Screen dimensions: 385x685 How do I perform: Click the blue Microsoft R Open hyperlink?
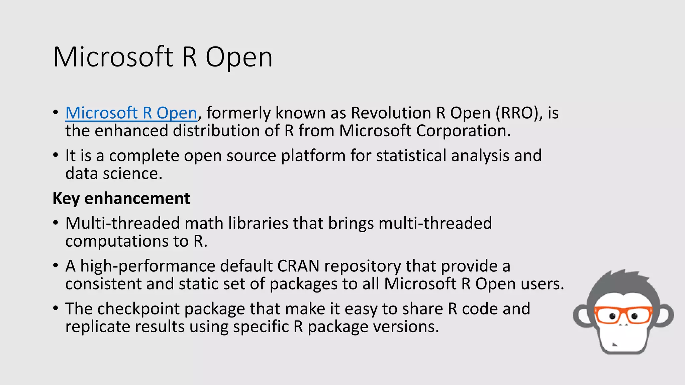[x=131, y=113]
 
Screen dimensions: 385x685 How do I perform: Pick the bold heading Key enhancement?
[x=121, y=199]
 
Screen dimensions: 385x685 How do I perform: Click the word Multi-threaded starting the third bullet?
[x=122, y=223]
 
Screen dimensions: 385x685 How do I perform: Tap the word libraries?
[x=258, y=223]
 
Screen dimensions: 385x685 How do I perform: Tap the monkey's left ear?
[x=583, y=316]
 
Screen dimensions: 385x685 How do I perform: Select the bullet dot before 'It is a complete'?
[x=56, y=155]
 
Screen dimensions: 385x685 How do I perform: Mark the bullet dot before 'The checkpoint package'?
[x=56, y=308]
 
